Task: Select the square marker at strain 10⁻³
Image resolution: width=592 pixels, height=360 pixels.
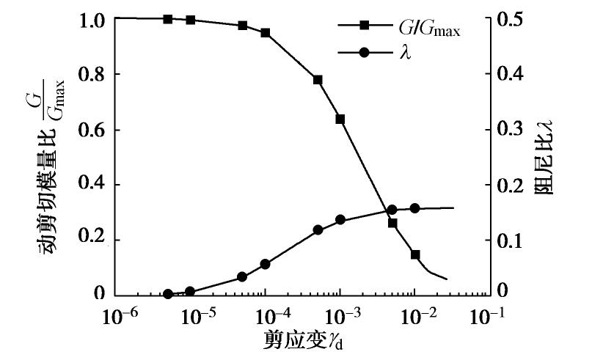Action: point(340,119)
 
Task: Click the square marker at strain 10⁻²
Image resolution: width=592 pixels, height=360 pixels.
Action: point(415,254)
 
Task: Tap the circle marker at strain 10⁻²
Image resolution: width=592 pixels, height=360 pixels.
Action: point(414,208)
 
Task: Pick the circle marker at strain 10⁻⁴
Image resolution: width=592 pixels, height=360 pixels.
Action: point(266,264)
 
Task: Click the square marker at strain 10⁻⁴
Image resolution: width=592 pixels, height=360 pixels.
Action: point(266,33)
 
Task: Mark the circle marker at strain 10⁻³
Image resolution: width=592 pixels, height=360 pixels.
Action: point(340,220)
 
